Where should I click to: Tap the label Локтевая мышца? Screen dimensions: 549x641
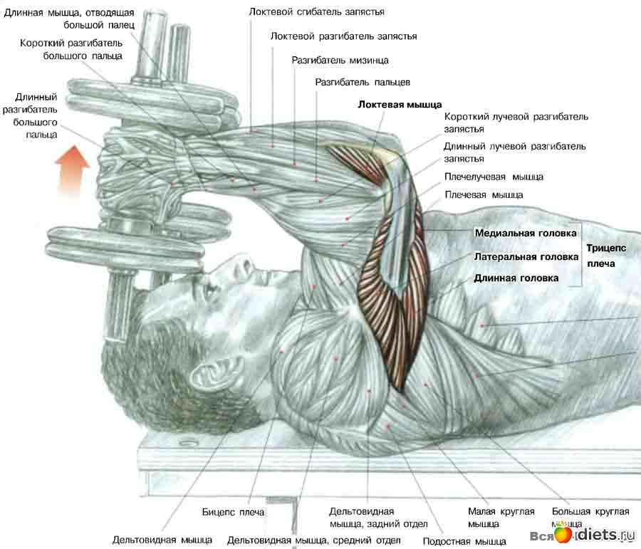tap(400, 104)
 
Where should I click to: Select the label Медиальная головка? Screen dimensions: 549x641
tap(526, 233)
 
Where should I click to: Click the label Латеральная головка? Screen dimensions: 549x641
tap(526, 256)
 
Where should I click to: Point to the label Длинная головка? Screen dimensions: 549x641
tap(516, 278)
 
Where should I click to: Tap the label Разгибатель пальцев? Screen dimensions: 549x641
tap(362, 83)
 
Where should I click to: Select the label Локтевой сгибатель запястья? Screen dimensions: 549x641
tap(317, 12)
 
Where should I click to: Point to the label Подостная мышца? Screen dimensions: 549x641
tap(464, 541)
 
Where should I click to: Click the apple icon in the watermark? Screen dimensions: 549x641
tap(562, 533)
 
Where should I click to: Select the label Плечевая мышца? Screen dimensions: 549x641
tap(484, 194)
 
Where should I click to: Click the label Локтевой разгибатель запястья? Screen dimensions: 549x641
tap(344, 36)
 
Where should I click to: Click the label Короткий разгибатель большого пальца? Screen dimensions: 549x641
tap(71, 49)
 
